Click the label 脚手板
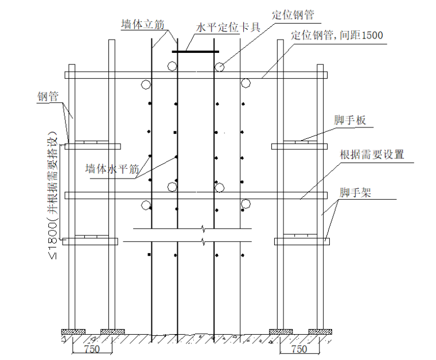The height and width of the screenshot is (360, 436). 350,121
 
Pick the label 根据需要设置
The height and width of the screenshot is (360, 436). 372,154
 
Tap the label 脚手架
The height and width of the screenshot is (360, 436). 355,192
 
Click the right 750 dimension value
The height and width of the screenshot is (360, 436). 298,349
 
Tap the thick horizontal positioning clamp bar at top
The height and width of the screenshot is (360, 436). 195,51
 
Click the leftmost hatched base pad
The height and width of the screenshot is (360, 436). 74,331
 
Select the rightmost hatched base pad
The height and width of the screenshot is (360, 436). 320,331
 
